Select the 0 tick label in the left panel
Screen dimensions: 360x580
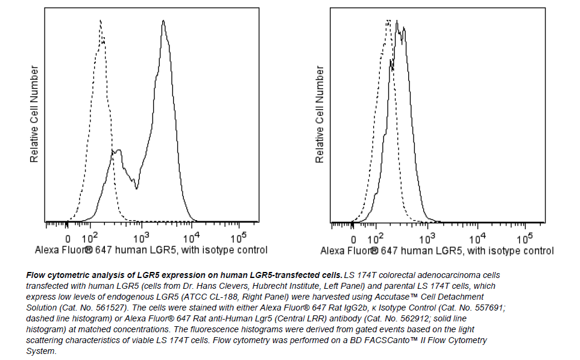coord(68,238)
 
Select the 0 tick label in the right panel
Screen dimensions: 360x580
coord(353,238)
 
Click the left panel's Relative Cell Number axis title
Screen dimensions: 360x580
coord(34,115)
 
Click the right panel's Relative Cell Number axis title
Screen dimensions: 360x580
coord(320,115)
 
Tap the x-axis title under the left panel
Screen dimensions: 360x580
coord(151,250)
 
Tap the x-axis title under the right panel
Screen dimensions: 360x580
coord(437,250)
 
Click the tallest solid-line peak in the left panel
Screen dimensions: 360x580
coord(163,22)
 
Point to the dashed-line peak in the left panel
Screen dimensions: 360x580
coord(100,21)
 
